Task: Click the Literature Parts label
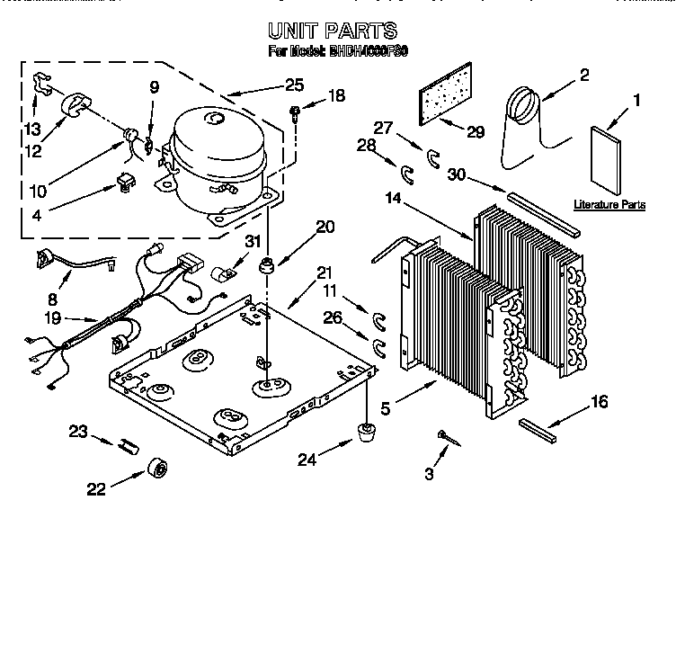pyautogui.click(x=609, y=205)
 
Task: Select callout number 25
pyautogui.click(x=294, y=85)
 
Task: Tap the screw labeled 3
pyautogui.click(x=445, y=436)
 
